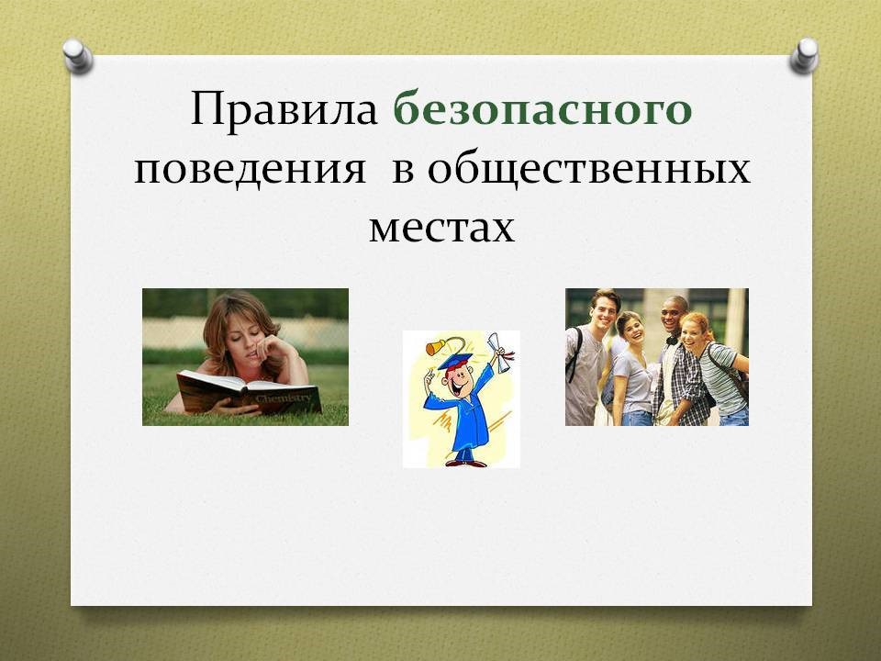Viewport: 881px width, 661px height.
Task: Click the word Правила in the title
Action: click(284, 109)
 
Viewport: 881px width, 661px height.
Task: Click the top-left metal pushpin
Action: click(77, 56)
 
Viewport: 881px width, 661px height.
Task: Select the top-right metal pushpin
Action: click(804, 55)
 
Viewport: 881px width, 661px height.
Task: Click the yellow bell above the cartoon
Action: click(433, 347)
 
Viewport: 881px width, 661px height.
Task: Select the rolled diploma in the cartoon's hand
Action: click(499, 352)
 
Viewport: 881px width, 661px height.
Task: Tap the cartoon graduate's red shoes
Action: click(465, 463)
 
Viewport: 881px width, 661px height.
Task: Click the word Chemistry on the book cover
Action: click(283, 398)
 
